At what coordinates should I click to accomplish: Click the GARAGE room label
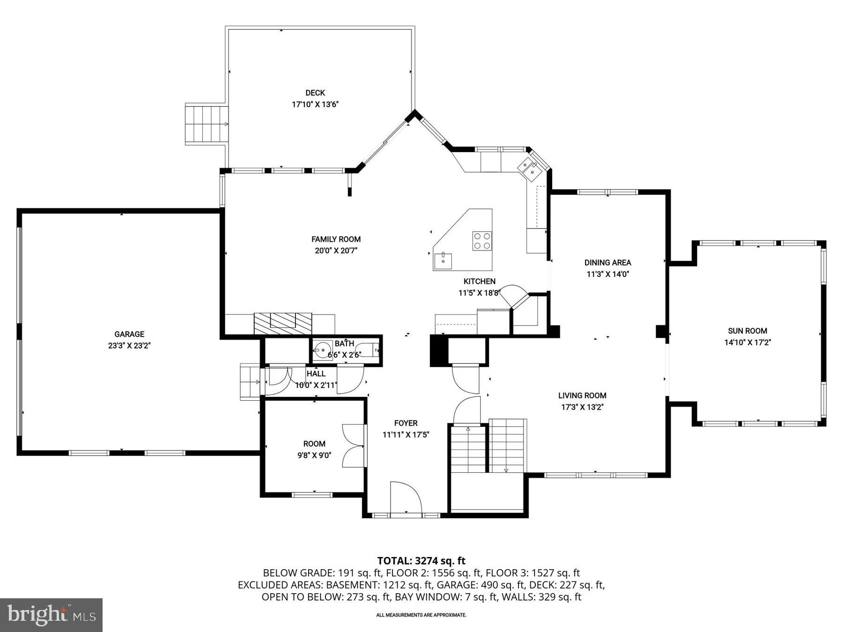tap(129, 334)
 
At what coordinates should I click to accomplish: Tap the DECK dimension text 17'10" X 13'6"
tap(315, 104)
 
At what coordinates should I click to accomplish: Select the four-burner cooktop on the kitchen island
tap(482, 241)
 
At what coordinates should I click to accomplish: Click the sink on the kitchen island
tap(443, 261)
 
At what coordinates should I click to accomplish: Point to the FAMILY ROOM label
tap(336, 239)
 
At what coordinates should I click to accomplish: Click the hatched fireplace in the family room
tap(282, 323)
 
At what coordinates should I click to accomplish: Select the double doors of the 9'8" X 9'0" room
tap(353, 446)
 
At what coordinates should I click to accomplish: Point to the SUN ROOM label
tap(747, 331)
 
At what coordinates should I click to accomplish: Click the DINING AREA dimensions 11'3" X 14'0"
tap(607, 274)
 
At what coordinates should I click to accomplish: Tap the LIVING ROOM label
tap(582, 396)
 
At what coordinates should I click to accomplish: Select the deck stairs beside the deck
tap(206, 124)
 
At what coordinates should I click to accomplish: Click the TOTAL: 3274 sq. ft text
tap(421, 560)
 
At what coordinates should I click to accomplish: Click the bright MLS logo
tap(51, 615)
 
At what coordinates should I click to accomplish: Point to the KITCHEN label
tap(479, 281)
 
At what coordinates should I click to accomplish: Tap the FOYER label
tap(406, 423)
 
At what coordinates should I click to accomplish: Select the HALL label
tap(316, 374)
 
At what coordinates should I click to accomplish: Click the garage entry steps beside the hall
tap(250, 382)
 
